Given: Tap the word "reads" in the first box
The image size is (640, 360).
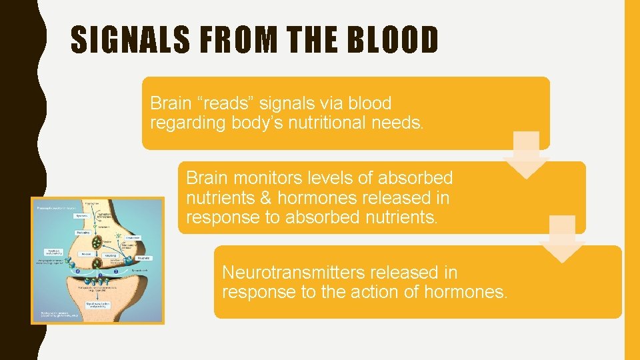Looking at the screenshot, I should [x=223, y=103].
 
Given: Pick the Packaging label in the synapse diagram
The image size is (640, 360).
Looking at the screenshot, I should [x=83, y=233].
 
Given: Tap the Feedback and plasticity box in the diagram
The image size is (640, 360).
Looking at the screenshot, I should [x=55, y=253].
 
